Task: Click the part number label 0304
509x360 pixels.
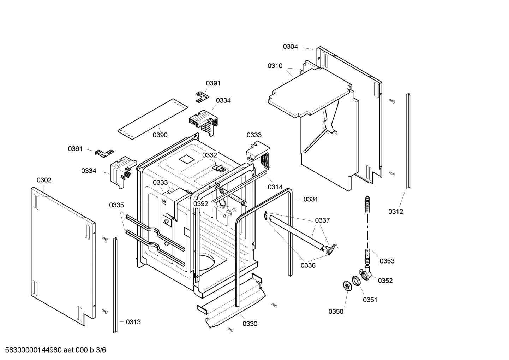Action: [290, 46]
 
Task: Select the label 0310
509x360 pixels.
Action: [275, 66]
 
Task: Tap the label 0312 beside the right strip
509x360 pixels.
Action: [395, 212]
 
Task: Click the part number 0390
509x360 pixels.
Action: [160, 135]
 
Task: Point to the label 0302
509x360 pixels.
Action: [44, 180]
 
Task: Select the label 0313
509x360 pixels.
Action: [133, 322]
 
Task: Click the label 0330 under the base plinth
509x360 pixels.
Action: [250, 324]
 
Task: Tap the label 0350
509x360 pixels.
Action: [336, 311]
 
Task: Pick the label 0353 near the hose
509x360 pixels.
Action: [387, 261]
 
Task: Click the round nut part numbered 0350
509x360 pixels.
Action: [347, 285]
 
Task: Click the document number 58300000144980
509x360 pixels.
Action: [31, 350]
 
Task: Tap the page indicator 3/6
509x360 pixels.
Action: [101, 350]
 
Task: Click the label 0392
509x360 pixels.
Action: [200, 204]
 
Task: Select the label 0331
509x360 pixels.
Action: [311, 199]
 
